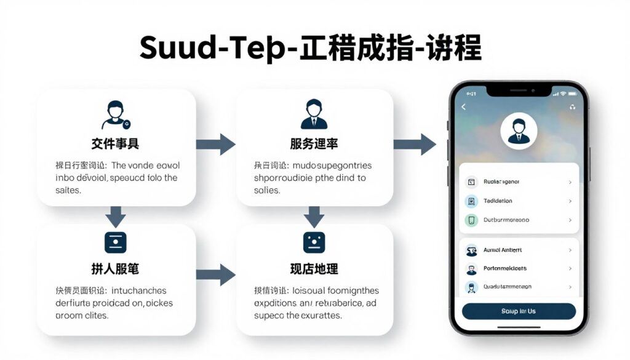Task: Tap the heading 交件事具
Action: pyautogui.click(x=115, y=144)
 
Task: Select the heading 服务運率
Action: pyautogui.click(x=314, y=144)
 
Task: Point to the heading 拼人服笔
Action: pyautogui.click(x=115, y=269)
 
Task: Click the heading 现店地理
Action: pyautogui.click(x=314, y=269)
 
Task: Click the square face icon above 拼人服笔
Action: pyautogui.click(x=115, y=241)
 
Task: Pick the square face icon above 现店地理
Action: pyautogui.click(x=314, y=241)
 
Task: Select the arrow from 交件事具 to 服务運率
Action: pyautogui.click(x=216, y=144)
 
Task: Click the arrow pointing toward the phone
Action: pyautogui.click(x=415, y=144)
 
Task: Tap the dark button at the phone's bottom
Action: pyautogui.click(x=519, y=311)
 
